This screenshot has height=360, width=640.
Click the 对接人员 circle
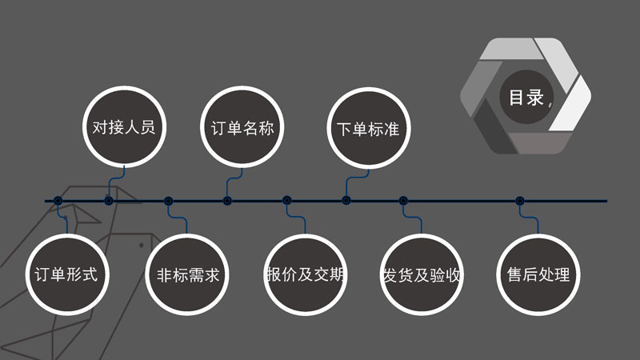pos(125,126)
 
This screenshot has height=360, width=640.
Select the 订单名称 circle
pos(242,127)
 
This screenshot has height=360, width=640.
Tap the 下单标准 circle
pos(369,129)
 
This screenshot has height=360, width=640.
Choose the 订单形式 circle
pos(67,274)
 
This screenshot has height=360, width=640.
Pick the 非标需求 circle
pos(187,274)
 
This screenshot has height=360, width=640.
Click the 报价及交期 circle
pos(306,274)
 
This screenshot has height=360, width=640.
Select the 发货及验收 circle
pos(422,274)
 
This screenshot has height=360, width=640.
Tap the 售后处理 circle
pos(538,274)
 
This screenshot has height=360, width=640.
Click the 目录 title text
pos(526,98)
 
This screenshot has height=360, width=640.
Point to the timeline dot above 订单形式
pos(58,201)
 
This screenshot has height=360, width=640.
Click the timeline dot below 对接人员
pos(109,201)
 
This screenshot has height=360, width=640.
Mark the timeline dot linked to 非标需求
pos(168,201)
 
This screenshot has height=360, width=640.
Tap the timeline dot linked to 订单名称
pos(227,201)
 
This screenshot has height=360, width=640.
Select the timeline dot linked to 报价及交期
pos(287,201)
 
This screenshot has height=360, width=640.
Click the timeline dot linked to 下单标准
pos(346,201)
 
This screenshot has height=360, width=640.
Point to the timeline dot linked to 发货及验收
pos(403,201)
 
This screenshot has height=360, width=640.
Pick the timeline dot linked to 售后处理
pos(519,201)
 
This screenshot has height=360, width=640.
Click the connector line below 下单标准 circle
pos(354,178)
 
